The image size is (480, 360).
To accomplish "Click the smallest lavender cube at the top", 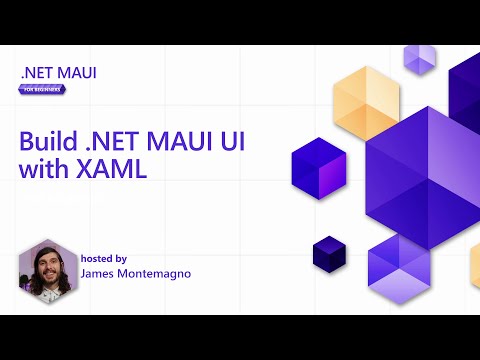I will click(419, 60).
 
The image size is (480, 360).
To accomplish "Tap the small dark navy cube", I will click(328, 253).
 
